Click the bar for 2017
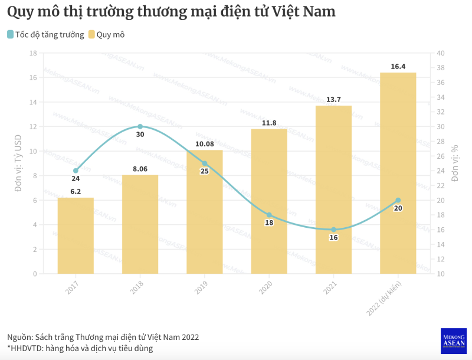[76, 236]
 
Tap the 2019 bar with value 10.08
[205, 212]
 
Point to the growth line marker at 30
[140, 126]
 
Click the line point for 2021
[333, 230]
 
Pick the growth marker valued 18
[269, 215]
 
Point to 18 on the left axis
[33, 53]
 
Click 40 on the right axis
[440, 53]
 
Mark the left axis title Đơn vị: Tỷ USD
[18, 163]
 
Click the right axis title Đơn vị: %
[455, 163]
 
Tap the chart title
[171, 12]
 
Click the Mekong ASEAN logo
[454, 341]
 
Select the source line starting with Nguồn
[103, 337]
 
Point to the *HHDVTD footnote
[80, 349]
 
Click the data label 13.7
[333, 99]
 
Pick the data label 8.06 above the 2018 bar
[140, 169]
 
